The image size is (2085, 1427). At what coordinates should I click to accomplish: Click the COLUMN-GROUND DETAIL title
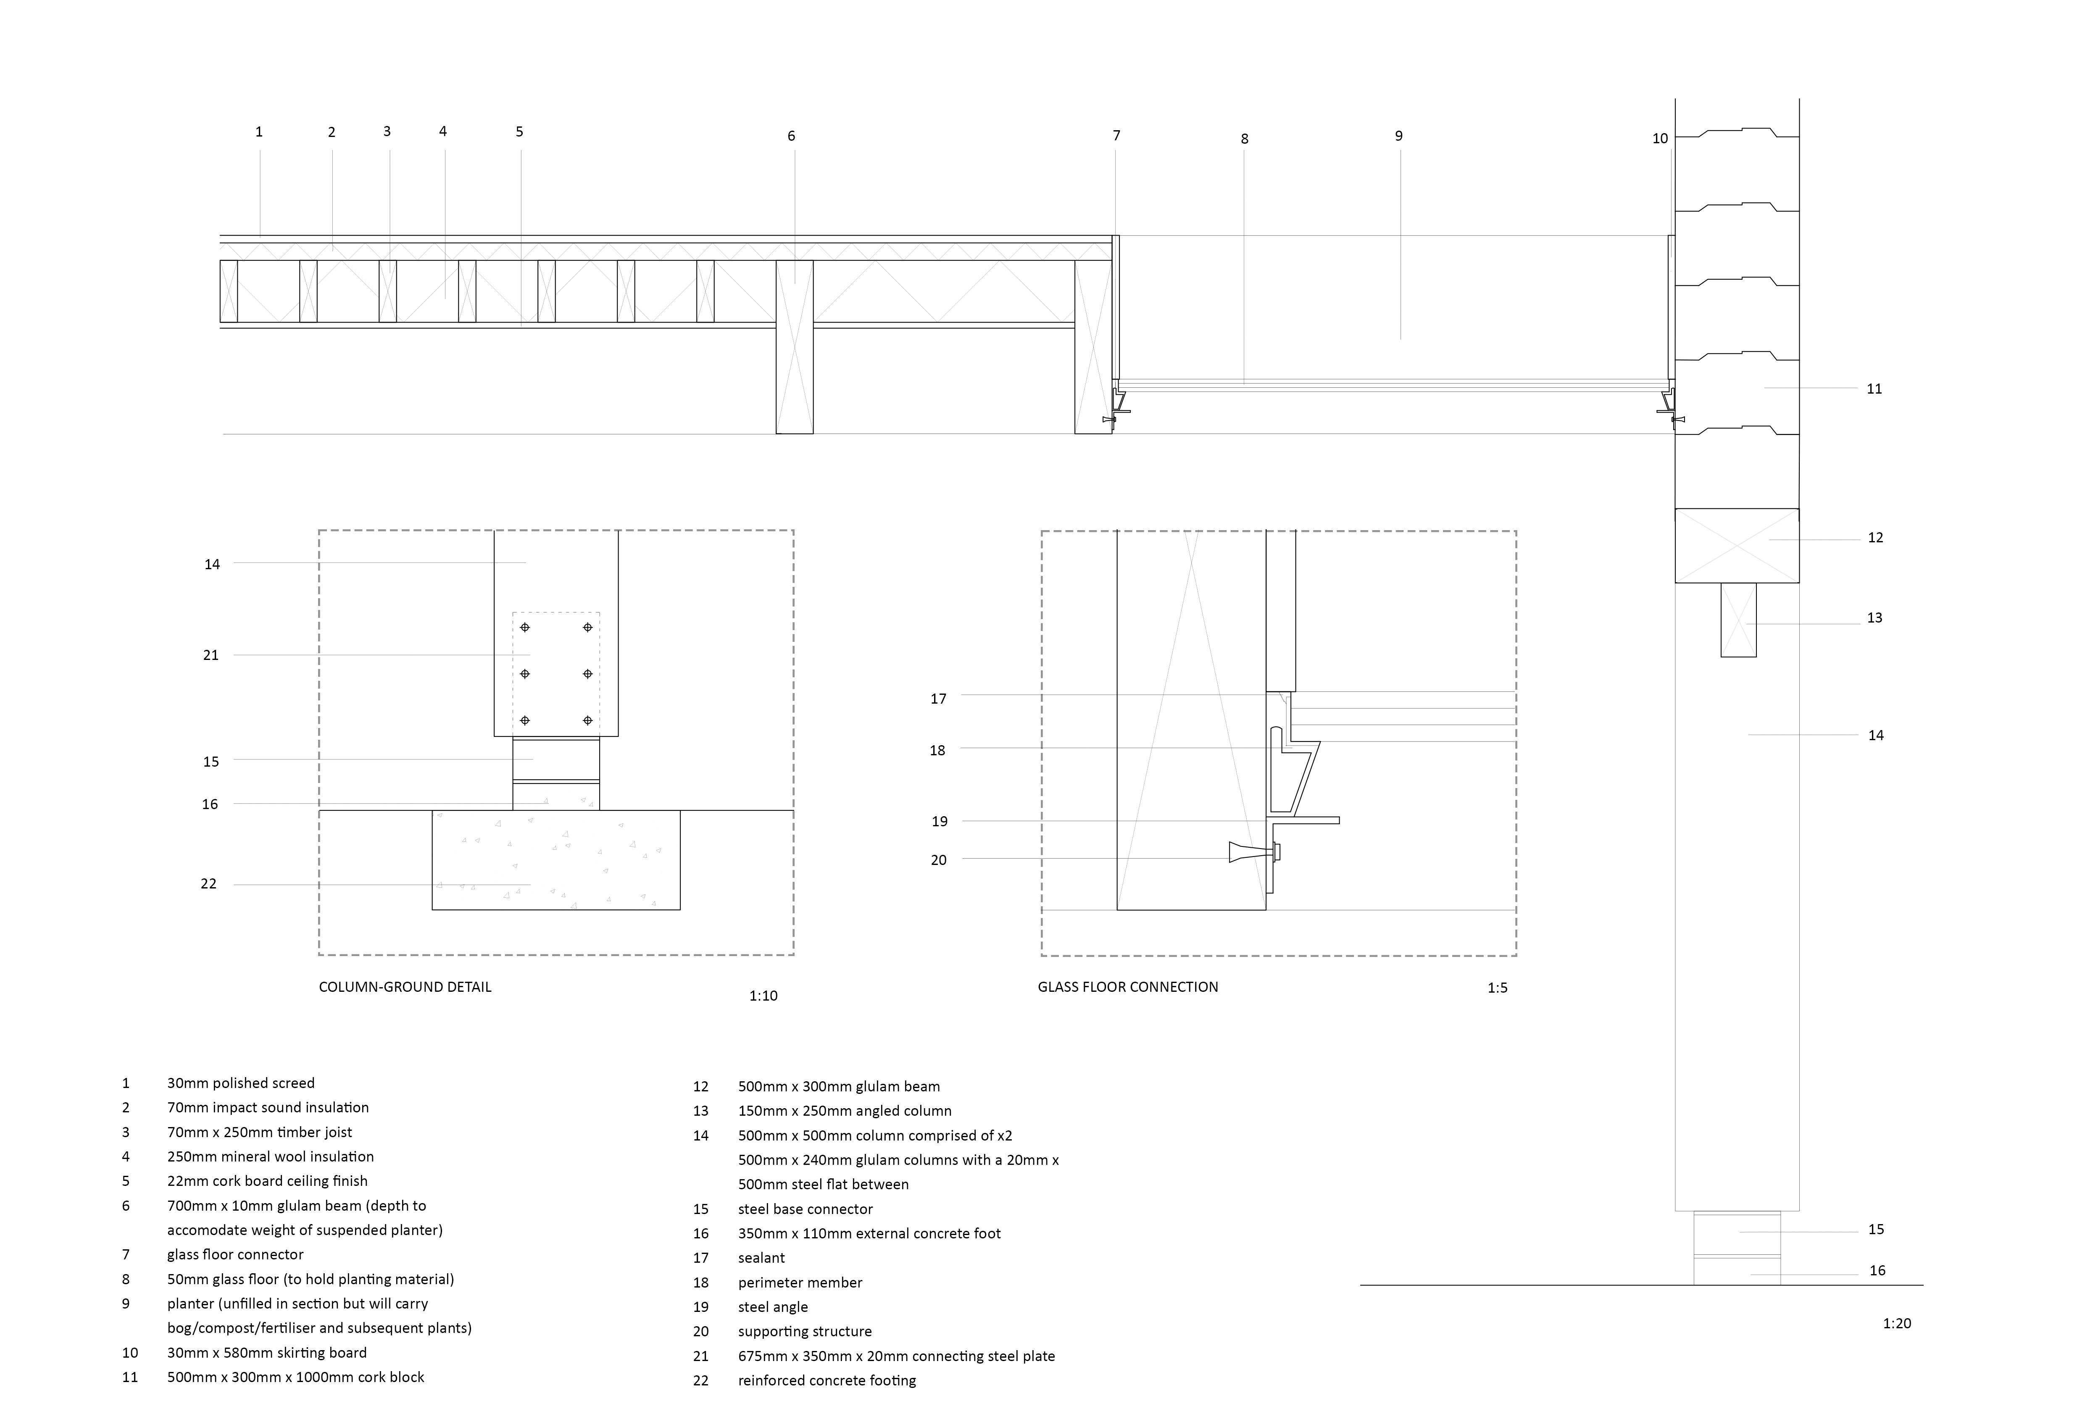(405, 987)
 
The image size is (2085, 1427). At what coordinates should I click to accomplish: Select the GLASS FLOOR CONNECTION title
(1128, 987)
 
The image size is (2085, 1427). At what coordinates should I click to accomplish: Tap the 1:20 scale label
(1897, 1323)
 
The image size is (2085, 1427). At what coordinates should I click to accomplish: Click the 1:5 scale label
(1498, 988)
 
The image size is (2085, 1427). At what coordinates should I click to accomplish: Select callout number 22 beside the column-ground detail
(209, 883)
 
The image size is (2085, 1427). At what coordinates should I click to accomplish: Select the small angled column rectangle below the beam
(1738, 620)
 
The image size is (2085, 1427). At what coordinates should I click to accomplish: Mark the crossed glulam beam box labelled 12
(1737, 545)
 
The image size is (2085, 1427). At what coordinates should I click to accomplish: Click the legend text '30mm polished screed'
(240, 1083)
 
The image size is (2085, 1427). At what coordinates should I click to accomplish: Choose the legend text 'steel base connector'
(805, 1209)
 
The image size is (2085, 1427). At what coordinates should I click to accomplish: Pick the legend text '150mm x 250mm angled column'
(844, 1110)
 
